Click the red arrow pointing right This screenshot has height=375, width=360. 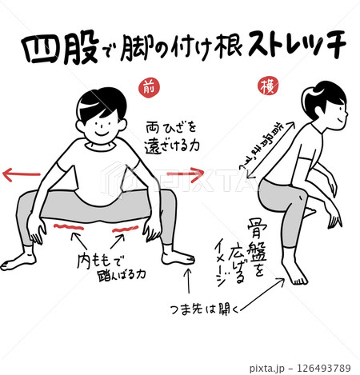[186, 171]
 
